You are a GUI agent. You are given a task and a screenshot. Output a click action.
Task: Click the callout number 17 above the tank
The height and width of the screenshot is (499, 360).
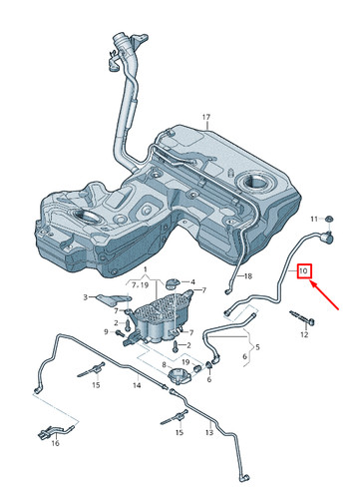207,119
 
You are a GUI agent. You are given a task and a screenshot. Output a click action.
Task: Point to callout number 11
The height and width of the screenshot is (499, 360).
311,218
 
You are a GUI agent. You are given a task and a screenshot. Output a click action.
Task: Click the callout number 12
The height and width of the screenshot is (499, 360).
305,335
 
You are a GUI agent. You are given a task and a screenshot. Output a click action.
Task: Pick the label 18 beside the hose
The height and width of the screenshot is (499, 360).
248,274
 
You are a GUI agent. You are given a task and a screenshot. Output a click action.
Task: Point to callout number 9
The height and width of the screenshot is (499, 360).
106,331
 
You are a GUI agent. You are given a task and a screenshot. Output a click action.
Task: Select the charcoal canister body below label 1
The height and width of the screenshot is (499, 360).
160,317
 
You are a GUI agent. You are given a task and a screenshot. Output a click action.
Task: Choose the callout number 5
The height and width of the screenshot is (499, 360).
257,347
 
